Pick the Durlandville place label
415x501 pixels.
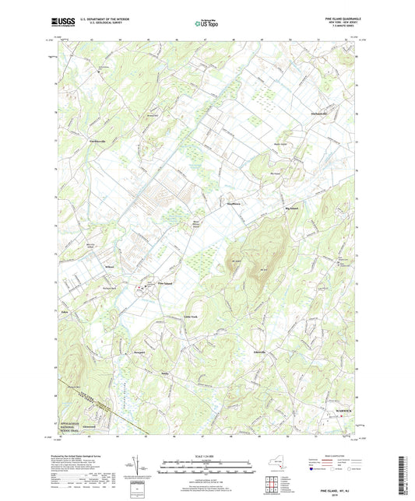click(323, 113)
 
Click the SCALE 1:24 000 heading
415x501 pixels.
click(206, 455)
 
